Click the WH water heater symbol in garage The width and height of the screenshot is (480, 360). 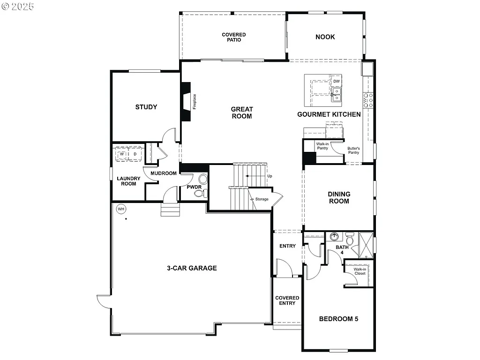(x=121, y=209)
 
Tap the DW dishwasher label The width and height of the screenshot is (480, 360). (x=336, y=82)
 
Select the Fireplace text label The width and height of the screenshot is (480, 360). (x=195, y=102)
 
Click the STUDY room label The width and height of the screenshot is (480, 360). (x=146, y=107)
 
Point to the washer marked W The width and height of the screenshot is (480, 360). (x=122, y=154)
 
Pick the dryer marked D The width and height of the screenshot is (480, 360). (x=135, y=154)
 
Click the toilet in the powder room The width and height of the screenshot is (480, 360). (x=202, y=180)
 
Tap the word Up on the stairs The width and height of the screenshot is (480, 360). (x=270, y=176)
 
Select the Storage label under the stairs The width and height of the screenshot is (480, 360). (x=262, y=199)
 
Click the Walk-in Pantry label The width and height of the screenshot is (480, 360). (x=322, y=146)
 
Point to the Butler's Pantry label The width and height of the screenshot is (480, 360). (x=353, y=150)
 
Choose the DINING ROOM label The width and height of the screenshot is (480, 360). (x=339, y=197)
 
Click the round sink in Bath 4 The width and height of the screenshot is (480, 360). (x=335, y=236)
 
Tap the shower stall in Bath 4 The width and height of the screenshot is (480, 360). (x=366, y=244)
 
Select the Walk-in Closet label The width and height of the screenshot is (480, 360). (x=360, y=271)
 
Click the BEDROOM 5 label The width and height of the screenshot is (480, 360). (x=338, y=319)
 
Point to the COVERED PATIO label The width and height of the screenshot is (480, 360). (x=233, y=37)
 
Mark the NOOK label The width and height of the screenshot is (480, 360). (x=325, y=37)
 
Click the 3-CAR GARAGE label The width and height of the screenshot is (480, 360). (x=192, y=268)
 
